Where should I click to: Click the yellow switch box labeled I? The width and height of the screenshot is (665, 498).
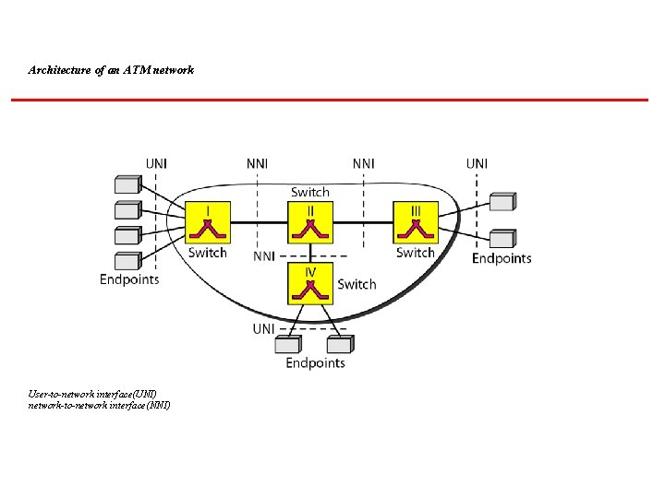pyautogui.click(x=207, y=223)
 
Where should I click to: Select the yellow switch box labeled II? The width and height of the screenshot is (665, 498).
pyautogui.click(x=311, y=223)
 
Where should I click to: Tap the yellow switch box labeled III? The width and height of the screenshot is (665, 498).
pyautogui.click(x=416, y=223)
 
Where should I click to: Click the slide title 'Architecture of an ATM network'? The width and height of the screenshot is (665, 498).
pyautogui.click(x=111, y=70)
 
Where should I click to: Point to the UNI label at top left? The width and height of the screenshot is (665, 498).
pyautogui.click(x=156, y=164)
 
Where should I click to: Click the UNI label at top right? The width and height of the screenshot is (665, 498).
pyautogui.click(x=477, y=164)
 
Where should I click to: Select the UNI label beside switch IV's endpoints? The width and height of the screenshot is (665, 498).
pyautogui.click(x=264, y=328)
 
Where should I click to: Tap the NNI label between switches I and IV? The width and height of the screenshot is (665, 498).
pyautogui.click(x=264, y=255)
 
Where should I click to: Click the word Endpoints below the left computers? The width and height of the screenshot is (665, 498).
pyautogui.click(x=129, y=279)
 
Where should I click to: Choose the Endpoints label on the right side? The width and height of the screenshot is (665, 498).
pyautogui.click(x=502, y=258)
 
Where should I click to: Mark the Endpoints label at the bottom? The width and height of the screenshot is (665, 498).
pyautogui.click(x=315, y=362)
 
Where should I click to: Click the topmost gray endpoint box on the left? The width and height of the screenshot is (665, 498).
pyautogui.click(x=126, y=184)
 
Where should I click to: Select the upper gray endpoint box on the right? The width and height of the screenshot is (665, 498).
pyautogui.click(x=502, y=202)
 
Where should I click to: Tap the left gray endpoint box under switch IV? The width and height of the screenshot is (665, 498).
pyautogui.click(x=288, y=343)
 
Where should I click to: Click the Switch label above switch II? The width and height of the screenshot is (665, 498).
pyautogui.click(x=310, y=192)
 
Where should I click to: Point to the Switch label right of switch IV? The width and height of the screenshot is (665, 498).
pyautogui.click(x=357, y=284)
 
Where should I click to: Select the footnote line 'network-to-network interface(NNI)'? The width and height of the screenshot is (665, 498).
pyautogui.click(x=100, y=405)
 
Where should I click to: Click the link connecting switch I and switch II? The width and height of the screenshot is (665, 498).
pyautogui.click(x=260, y=223)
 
